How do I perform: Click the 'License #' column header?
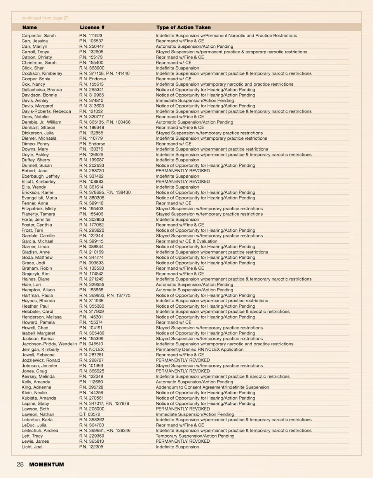click(92, 28)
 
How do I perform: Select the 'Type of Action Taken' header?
click(183, 28)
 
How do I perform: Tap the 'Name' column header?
click(30, 28)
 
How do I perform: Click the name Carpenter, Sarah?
click(38, 36)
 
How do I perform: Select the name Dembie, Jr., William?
click(42, 122)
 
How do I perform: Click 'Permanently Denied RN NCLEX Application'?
click(199, 350)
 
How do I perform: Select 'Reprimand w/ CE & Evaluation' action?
click(186, 241)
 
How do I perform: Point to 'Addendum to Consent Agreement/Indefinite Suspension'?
click(212, 387)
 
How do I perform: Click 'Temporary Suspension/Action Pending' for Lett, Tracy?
click(195, 436)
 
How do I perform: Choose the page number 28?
click(20, 464)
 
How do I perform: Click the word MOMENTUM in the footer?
click(47, 464)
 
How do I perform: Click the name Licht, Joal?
click(32, 447)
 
